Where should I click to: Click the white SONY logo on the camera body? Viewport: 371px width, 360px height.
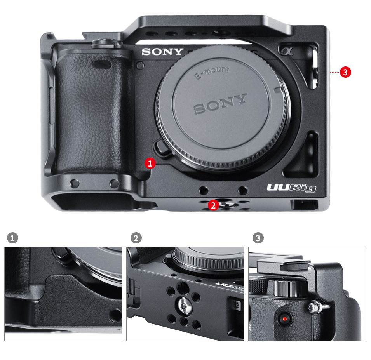click(162, 52)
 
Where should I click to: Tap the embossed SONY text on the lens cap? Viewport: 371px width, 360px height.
click(220, 104)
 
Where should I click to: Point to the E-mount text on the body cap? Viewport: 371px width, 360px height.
click(212, 72)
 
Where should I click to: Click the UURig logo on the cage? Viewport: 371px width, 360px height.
click(291, 188)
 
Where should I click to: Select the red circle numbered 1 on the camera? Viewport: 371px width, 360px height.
click(150, 163)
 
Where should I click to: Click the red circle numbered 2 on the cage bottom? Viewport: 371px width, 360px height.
click(213, 205)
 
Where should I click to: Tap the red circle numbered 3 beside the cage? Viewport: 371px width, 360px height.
click(345, 72)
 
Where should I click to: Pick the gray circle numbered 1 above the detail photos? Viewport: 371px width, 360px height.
click(12, 238)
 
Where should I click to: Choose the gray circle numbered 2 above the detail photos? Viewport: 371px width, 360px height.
click(136, 238)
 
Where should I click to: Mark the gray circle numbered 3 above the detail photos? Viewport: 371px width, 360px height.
click(258, 238)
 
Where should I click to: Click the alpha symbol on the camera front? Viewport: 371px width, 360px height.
click(286, 51)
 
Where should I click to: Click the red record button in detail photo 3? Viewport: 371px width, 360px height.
click(284, 319)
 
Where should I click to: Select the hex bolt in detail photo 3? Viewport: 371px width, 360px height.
click(313, 308)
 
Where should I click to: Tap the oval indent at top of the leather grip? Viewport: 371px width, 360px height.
click(102, 64)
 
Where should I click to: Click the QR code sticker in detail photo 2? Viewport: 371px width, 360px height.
click(237, 305)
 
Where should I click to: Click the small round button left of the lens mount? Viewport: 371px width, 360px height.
click(140, 65)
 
